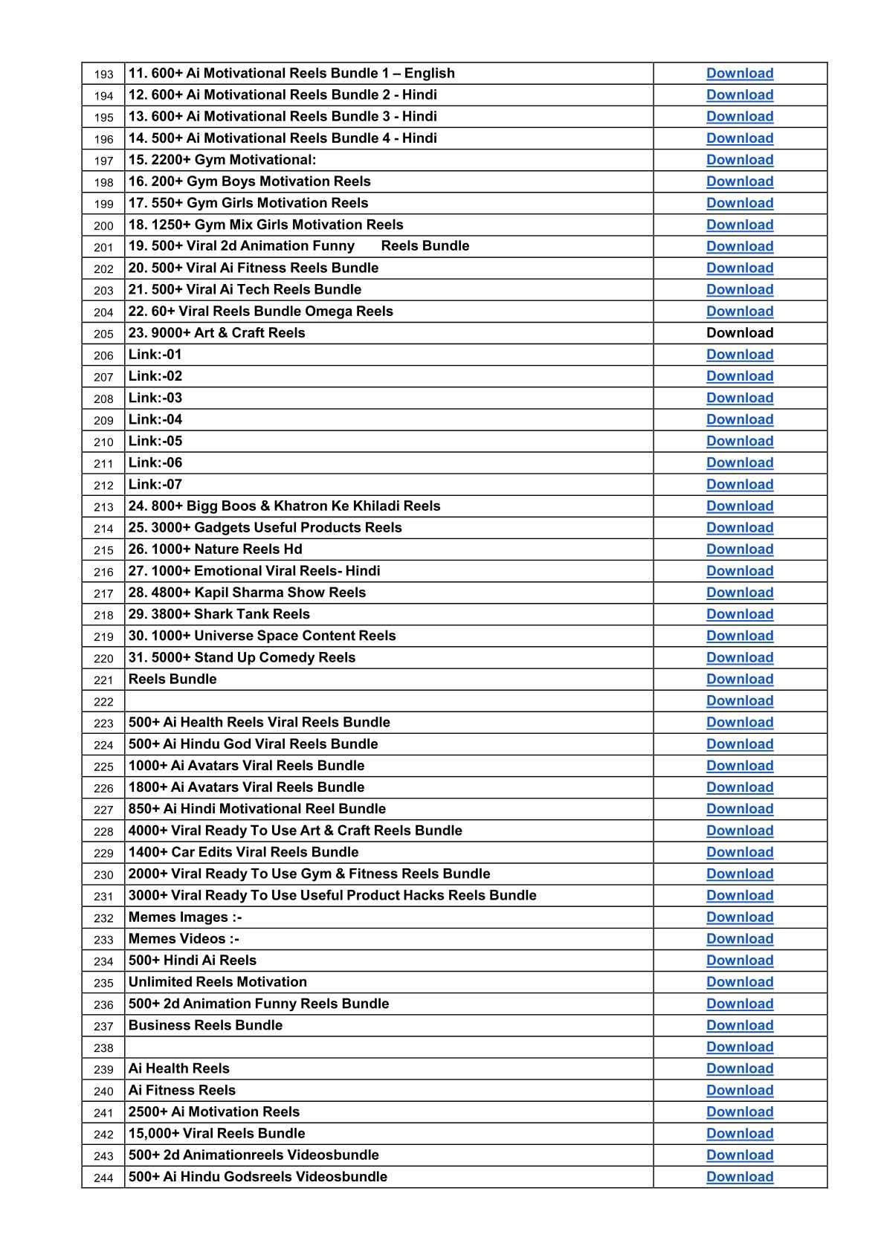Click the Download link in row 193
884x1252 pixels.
point(739,73)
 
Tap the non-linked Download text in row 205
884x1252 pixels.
point(739,332)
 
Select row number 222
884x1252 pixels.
point(104,701)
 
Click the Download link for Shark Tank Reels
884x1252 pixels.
point(739,614)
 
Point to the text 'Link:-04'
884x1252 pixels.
point(155,419)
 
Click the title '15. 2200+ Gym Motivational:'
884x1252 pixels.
point(222,160)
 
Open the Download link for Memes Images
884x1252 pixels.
point(739,917)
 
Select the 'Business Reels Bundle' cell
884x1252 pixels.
point(205,1025)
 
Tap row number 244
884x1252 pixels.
point(104,1177)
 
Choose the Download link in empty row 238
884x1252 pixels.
point(739,1047)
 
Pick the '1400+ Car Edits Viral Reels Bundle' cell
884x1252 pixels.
point(243,852)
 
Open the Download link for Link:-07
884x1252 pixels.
point(739,484)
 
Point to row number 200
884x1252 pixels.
point(104,225)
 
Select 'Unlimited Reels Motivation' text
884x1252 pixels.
point(217,982)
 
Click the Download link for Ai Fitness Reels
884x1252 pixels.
point(739,1090)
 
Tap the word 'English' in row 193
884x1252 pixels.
point(429,73)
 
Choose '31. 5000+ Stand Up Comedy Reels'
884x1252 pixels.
point(242,657)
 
